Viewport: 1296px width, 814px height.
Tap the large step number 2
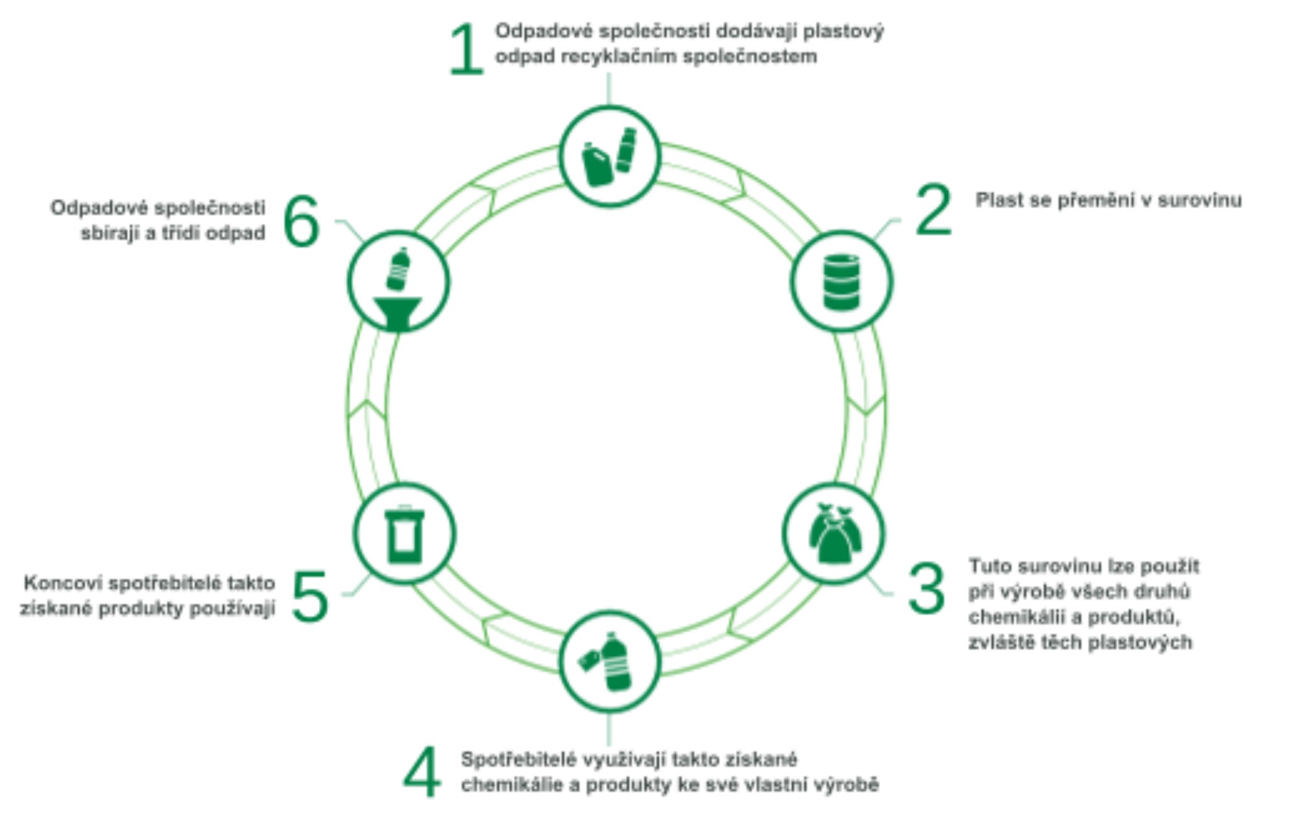[933, 209]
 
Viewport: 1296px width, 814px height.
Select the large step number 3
[927, 588]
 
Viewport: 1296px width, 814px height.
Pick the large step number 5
[310, 596]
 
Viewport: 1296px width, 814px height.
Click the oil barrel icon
[841, 282]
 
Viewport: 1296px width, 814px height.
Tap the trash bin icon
[404, 535]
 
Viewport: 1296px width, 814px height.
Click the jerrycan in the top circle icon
[597, 165]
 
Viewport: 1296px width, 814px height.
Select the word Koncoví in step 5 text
[62, 583]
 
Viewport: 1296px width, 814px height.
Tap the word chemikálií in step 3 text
[1019, 617]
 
